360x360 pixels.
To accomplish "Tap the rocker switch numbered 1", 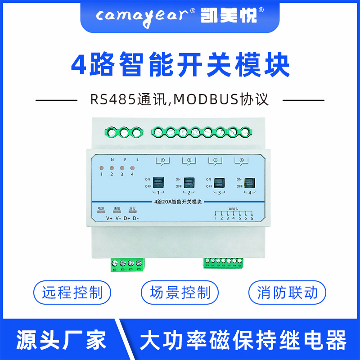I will pyautogui.click(x=158, y=182).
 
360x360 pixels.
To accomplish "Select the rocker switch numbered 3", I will pyautogui.click(x=219, y=182).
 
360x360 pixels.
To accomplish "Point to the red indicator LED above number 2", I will pyautogui.click(x=112, y=168).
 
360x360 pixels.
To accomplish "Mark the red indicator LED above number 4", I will pyautogui.click(x=132, y=168).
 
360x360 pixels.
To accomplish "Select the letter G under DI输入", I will pyautogui.click(x=252, y=218).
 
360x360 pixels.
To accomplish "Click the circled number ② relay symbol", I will pyautogui.click(x=189, y=160).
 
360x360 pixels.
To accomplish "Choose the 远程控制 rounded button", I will pyautogui.click(x=72, y=293).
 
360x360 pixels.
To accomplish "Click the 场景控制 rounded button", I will pyautogui.click(x=180, y=293).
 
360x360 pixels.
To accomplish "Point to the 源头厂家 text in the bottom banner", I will pyautogui.click(x=61, y=340).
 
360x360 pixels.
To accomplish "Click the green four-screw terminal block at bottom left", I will pyautogui.click(x=127, y=265).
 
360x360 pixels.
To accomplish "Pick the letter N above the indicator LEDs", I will pyautogui.click(x=112, y=160).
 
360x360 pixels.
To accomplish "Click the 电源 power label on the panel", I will pyautogui.click(x=101, y=208).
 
